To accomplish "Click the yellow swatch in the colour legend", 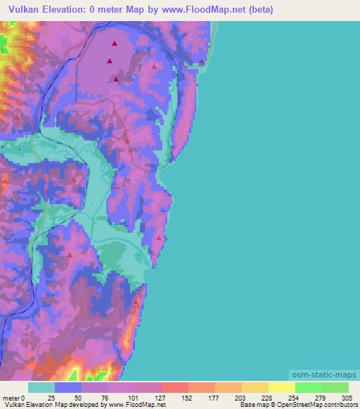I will (282, 387).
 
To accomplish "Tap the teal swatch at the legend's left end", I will (41, 387).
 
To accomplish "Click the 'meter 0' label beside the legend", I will (14, 397).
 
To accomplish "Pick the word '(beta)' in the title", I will (257, 10).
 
